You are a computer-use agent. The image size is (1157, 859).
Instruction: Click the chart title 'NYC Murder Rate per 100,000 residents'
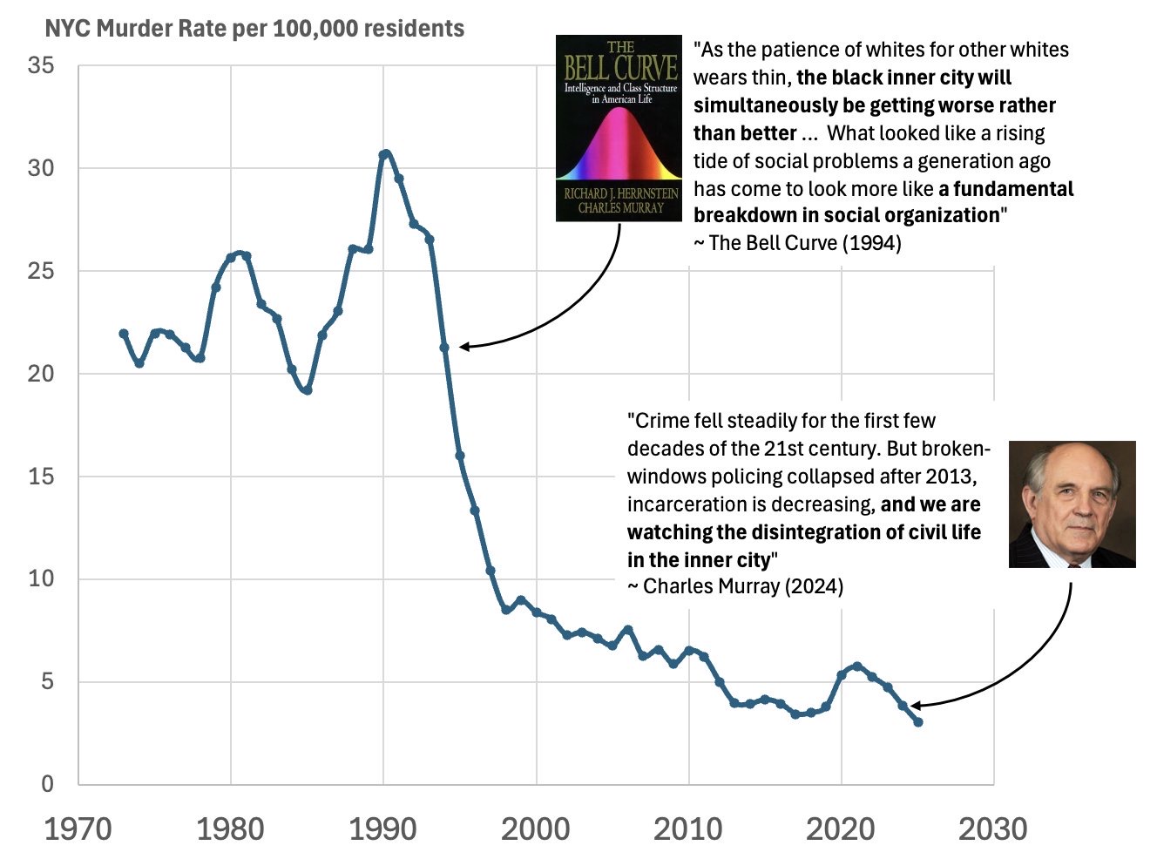pyautogui.click(x=254, y=29)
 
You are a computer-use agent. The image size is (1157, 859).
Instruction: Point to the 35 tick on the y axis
pyautogui.click(x=41, y=66)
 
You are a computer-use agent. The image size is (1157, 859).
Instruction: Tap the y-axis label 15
pyautogui.click(x=41, y=477)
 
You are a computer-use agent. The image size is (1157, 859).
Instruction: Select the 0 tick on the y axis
pyautogui.click(x=47, y=784)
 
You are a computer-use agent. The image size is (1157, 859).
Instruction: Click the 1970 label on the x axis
pyautogui.click(x=78, y=829)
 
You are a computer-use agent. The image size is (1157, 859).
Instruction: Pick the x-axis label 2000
pyautogui.click(x=536, y=829)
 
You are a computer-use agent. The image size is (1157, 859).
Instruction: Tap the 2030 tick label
pyautogui.click(x=993, y=829)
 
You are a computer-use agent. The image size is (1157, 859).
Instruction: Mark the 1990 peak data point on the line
pyautogui.click(x=384, y=154)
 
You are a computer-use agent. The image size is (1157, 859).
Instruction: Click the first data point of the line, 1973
pyautogui.click(x=124, y=334)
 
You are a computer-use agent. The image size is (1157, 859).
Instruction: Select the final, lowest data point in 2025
pyautogui.click(x=918, y=722)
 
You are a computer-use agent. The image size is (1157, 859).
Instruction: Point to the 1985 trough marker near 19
pyautogui.click(x=307, y=390)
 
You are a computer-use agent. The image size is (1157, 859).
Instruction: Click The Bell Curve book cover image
pyautogui.click(x=619, y=128)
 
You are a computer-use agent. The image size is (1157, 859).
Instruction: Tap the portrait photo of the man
pyautogui.click(x=1072, y=504)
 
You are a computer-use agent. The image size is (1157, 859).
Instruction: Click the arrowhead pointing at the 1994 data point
pyautogui.click(x=464, y=347)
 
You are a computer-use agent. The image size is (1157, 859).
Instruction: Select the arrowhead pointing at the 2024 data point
pyautogui.click(x=915, y=705)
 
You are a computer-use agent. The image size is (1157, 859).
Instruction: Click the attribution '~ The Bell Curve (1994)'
pyautogui.click(x=797, y=243)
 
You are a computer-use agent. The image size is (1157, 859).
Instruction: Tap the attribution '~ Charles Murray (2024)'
pyautogui.click(x=735, y=586)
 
